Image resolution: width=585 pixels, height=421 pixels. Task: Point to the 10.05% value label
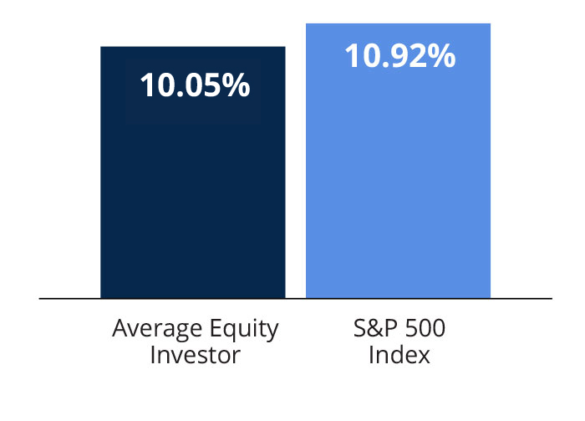194,85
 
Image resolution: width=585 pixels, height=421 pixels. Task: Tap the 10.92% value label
399,56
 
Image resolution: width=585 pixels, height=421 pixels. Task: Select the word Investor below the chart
196,355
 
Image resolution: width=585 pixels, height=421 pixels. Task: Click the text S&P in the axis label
371,328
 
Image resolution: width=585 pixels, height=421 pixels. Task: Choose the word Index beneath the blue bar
399,355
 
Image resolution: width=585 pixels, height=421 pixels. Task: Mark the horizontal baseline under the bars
295,298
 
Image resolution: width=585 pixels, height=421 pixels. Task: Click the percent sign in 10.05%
237,85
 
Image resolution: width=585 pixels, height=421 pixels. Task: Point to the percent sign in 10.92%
442,56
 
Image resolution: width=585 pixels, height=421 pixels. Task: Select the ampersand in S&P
371,328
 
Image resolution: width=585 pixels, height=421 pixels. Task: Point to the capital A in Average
120,328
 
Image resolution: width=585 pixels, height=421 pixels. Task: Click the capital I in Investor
153,355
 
